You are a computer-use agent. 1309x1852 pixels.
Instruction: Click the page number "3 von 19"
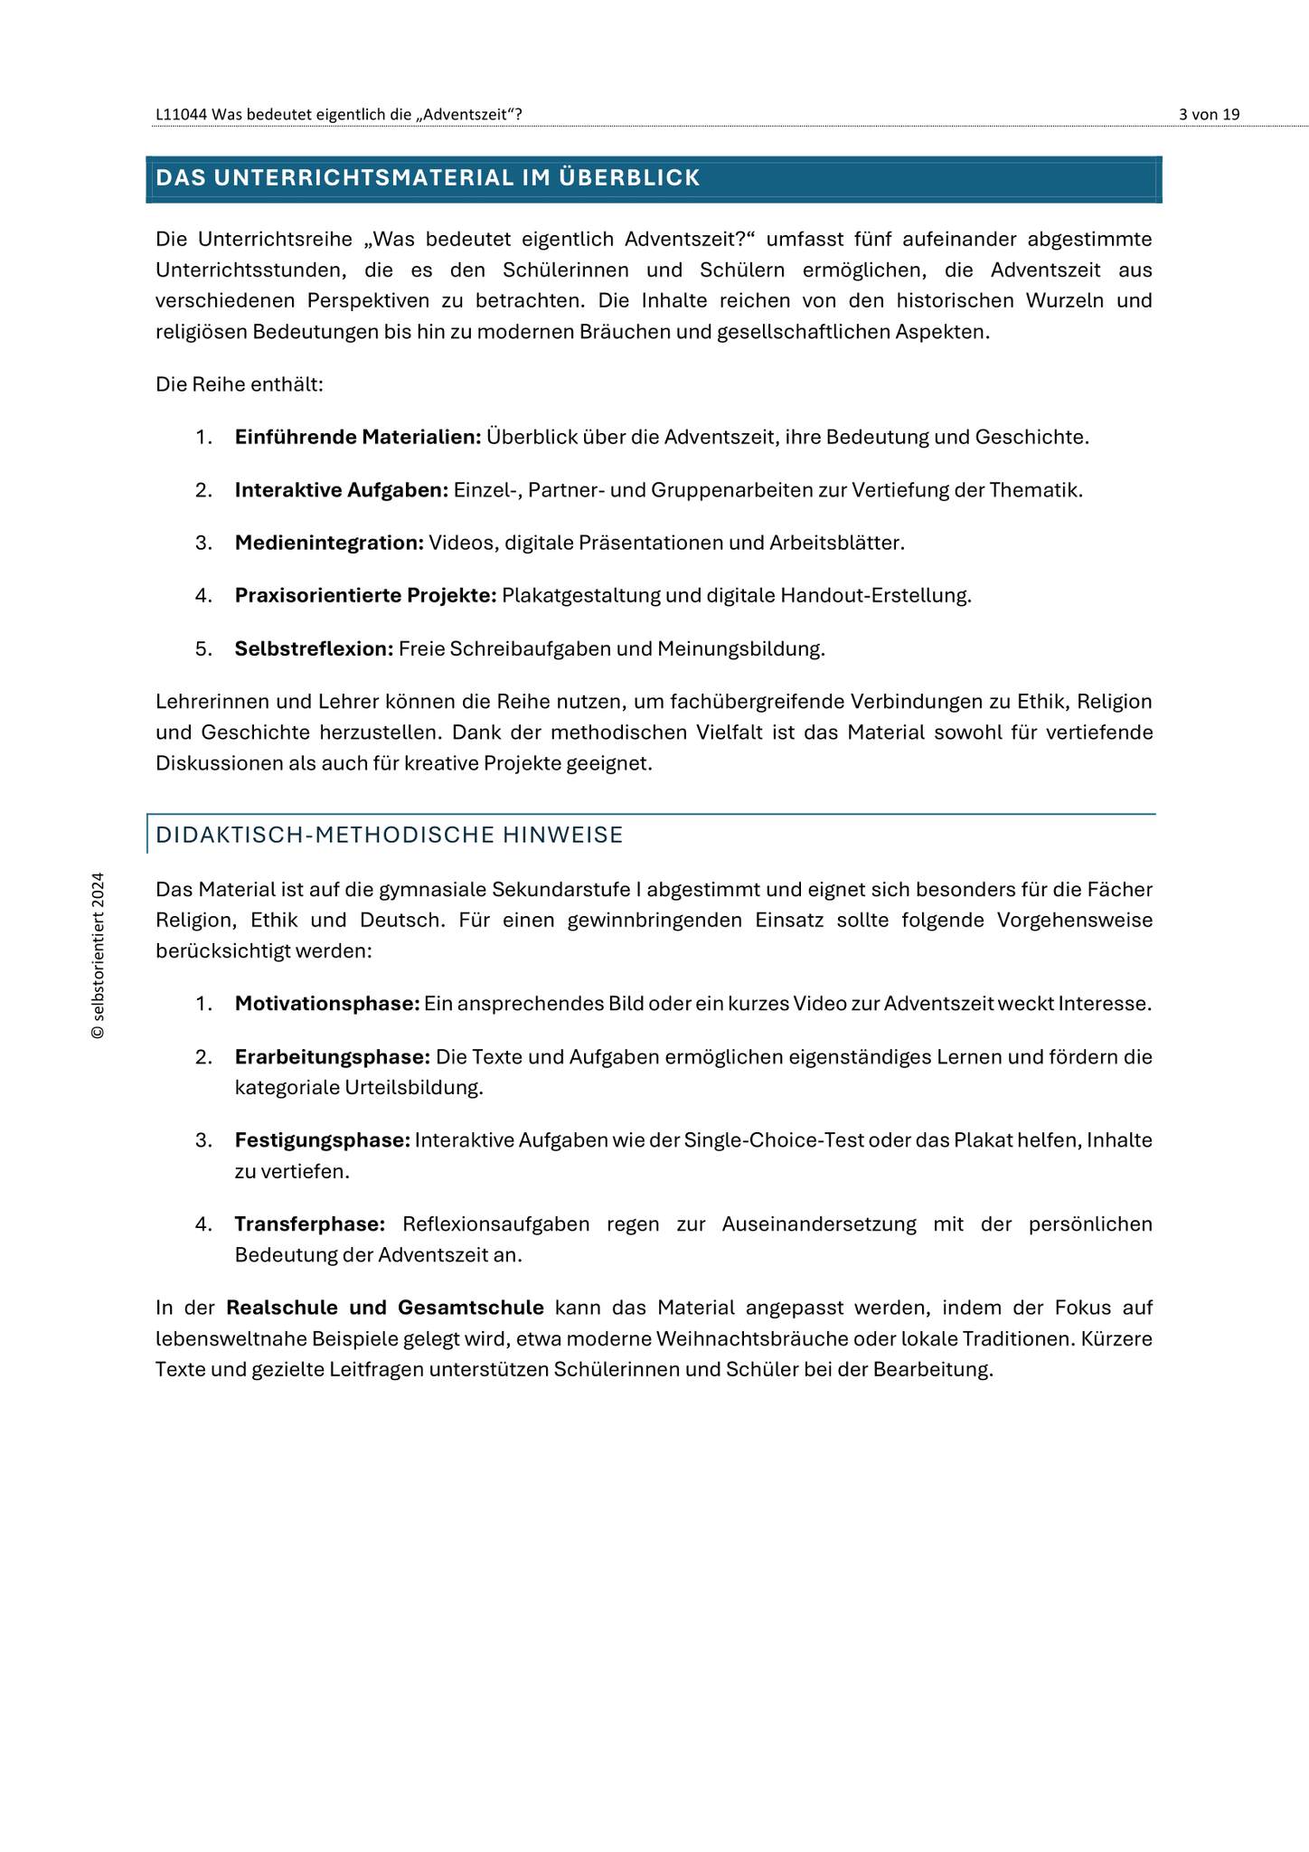click(x=1209, y=115)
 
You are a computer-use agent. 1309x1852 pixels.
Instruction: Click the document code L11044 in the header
click(x=181, y=115)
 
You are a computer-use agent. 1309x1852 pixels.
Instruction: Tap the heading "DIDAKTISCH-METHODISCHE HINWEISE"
click(x=390, y=835)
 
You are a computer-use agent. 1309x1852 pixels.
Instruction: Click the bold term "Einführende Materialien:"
click(x=358, y=438)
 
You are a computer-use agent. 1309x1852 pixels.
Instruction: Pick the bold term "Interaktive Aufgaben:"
click(x=342, y=490)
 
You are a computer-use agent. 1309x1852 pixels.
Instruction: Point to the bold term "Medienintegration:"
click(x=329, y=543)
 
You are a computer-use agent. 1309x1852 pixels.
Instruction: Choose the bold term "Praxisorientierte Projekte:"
click(x=366, y=596)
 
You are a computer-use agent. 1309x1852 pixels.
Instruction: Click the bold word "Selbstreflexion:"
click(x=314, y=648)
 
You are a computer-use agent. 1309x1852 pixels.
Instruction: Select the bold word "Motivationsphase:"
click(x=327, y=1004)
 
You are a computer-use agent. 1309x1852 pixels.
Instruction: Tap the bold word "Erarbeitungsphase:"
click(x=332, y=1057)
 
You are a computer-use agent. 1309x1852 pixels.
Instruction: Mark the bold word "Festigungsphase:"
click(x=323, y=1140)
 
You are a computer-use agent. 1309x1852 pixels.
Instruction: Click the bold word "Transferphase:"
click(x=310, y=1224)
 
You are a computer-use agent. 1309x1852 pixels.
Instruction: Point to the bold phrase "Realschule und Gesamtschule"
click(x=385, y=1308)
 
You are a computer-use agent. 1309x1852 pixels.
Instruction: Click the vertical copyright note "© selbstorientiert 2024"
click(x=99, y=956)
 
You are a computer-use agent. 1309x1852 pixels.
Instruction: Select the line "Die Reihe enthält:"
click(x=240, y=385)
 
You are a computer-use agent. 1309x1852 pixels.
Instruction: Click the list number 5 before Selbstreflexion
click(x=202, y=648)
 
